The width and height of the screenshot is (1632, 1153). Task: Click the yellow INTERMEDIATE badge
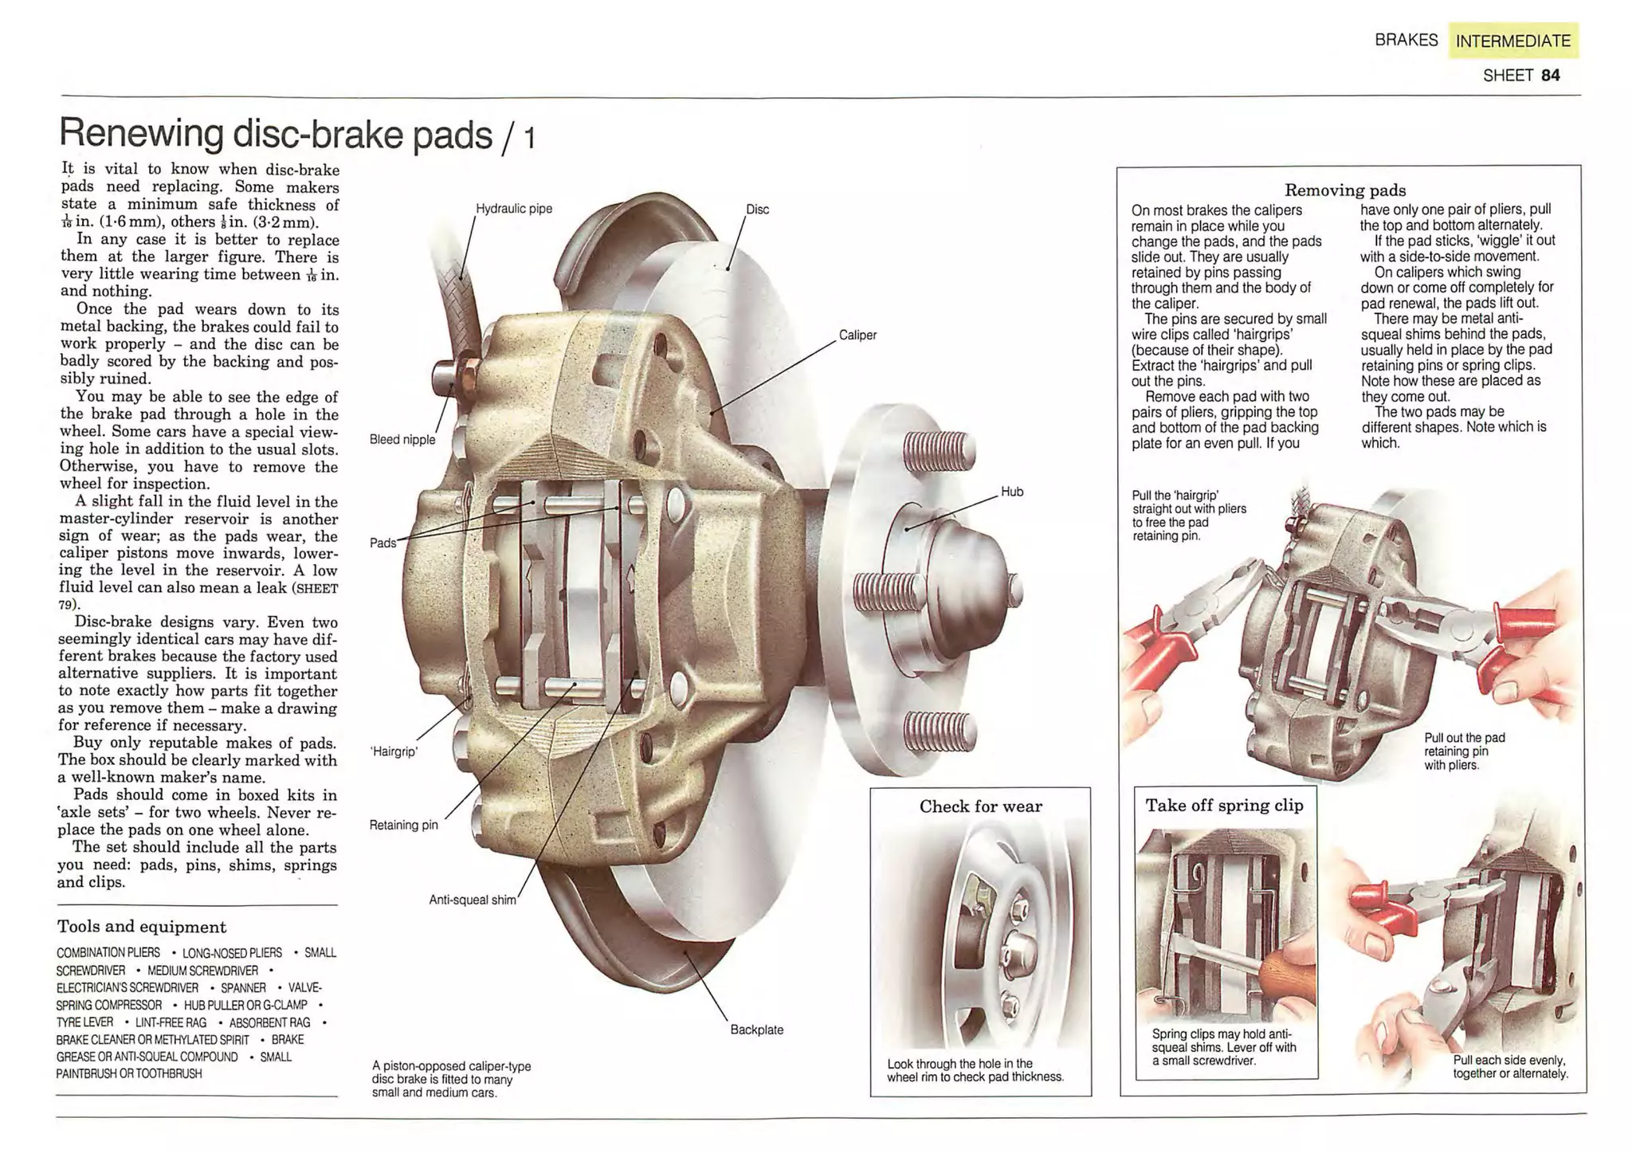pyautogui.click(x=1512, y=41)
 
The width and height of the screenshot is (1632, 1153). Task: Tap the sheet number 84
pyautogui.click(x=1550, y=76)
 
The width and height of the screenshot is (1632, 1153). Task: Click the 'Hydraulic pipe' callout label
pyautogui.click(x=513, y=209)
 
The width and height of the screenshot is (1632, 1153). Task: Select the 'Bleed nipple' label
pyautogui.click(x=402, y=440)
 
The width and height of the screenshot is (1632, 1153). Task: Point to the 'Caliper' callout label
pyautogui.click(x=857, y=335)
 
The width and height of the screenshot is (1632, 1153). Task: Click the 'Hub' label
pyautogui.click(x=1011, y=492)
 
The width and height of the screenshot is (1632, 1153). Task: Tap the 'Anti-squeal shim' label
pyautogui.click(x=473, y=900)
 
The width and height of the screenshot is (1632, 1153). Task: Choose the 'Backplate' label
pyautogui.click(x=756, y=1029)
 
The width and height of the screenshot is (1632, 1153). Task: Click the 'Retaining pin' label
pyautogui.click(x=403, y=825)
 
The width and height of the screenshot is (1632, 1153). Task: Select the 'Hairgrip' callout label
pyautogui.click(x=394, y=751)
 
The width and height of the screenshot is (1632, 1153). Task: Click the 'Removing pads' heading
pyautogui.click(x=1345, y=190)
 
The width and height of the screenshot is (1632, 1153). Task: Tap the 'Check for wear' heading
pyautogui.click(x=980, y=806)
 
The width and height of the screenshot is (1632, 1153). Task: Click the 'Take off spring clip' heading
pyautogui.click(x=1224, y=806)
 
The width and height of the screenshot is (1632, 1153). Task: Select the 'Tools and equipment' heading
pyautogui.click(x=142, y=927)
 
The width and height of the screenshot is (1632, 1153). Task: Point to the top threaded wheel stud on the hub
pyautogui.click(x=936, y=450)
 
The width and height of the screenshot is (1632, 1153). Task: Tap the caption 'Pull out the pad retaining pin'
pyautogui.click(x=1464, y=751)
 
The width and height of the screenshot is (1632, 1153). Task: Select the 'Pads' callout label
pyautogui.click(x=382, y=543)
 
